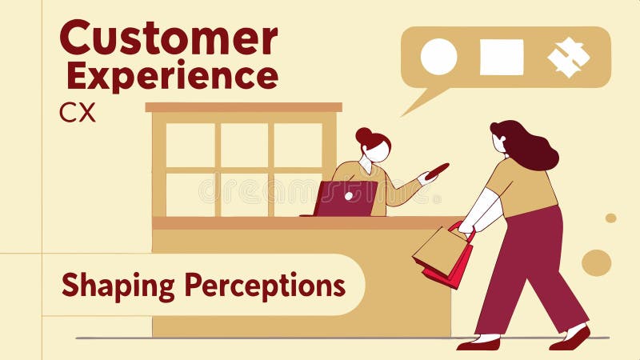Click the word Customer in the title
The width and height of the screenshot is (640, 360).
(x=169, y=38)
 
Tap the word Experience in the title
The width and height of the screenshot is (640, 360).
(x=172, y=76)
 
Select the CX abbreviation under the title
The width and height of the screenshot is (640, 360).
(x=77, y=113)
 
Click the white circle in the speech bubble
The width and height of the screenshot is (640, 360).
(x=438, y=57)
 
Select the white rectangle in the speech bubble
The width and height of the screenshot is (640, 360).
(x=502, y=57)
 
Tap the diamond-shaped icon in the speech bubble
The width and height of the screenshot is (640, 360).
(x=569, y=57)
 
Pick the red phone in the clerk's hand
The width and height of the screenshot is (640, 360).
(x=438, y=170)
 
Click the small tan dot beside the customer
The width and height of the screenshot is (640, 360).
(x=610, y=218)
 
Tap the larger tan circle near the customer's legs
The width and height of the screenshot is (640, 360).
(x=596, y=262)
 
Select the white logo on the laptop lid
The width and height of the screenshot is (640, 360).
(x=349, y=194)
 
